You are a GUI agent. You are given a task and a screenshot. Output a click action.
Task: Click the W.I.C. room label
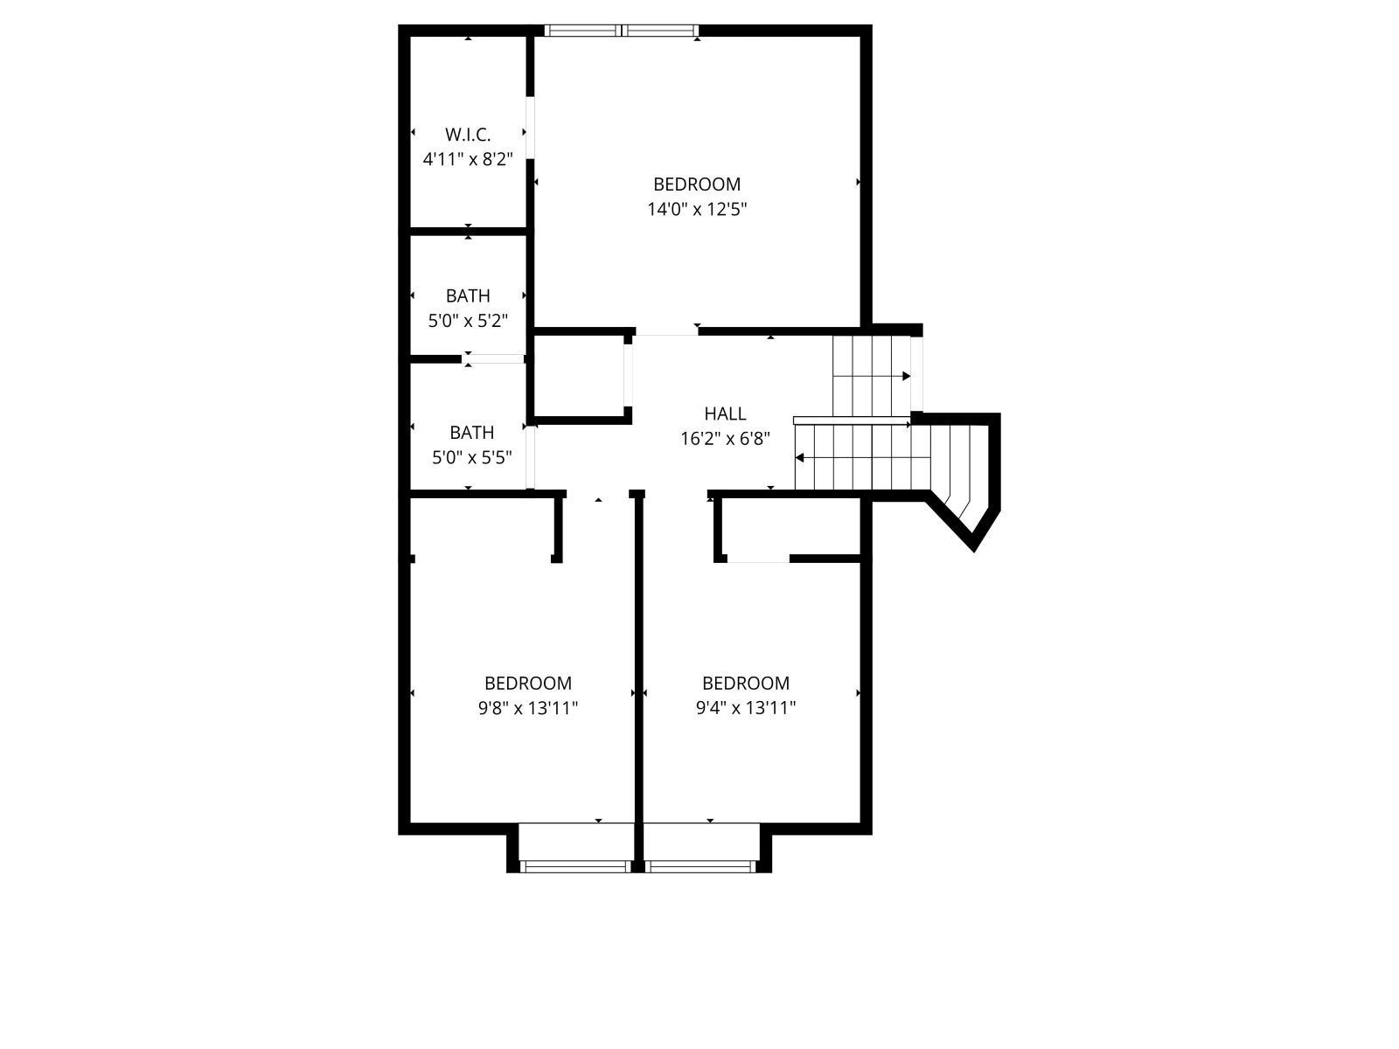pos(468,135)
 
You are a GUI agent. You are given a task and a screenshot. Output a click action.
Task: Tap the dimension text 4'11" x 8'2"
pos(468,158)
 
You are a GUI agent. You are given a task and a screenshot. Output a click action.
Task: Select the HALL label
pos(726,414)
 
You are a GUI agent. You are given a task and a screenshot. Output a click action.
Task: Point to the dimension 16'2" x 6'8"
pos(726,439)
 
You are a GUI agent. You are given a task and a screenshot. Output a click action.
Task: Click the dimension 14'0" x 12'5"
pos(697,209)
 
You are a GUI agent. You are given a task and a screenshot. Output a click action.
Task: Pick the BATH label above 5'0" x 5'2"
pos(468,296)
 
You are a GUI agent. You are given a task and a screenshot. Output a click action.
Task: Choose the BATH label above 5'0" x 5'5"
pos(471,433)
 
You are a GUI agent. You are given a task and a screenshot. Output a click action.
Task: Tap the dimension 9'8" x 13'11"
pos(528,707)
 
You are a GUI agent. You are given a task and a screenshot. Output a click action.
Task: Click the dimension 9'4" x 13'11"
pos(746,707)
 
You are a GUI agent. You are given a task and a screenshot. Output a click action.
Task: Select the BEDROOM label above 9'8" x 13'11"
pos(528,684)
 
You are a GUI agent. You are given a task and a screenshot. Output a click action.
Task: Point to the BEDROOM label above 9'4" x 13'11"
pos(746,684)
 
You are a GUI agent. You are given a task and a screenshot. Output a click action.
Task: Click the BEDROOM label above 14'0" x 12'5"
pos(697,184)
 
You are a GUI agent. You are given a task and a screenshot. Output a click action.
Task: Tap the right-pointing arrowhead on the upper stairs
pos(907,377)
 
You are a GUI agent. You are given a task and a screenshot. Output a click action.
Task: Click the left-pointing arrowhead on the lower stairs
pos(799,458)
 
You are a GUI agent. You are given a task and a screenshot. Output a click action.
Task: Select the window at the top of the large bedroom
pos(622,31)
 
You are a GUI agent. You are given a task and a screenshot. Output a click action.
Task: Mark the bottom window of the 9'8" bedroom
pos(575,866)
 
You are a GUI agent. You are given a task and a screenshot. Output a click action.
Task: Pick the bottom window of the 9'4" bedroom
pos(700,866)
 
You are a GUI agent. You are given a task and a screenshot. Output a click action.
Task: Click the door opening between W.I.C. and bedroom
pos(530,128)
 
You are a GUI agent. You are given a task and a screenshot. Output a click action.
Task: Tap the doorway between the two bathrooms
pos(493,359)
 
